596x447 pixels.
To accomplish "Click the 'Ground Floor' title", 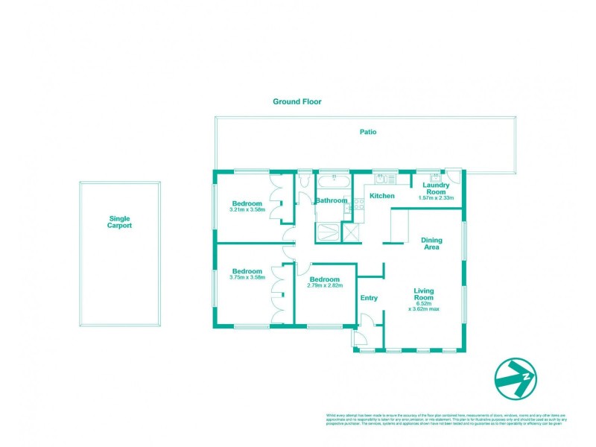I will point(297,101).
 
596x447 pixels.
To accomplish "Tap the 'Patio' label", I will point(368,132).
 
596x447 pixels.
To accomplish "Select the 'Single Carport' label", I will point(119,221).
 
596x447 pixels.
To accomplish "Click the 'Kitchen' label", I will point(382,196).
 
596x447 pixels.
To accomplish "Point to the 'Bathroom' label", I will point(332,200).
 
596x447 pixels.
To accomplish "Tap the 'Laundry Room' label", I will point(436,188).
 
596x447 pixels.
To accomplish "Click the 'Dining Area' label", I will point(431,244).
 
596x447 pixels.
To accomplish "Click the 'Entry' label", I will point(369,298).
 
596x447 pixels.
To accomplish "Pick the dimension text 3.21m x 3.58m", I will point(247,210).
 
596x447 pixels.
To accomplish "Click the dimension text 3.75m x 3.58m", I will point(247,277).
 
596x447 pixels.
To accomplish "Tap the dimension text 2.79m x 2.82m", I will point(325,285).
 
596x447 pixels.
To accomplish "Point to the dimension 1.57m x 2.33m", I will point(436,199).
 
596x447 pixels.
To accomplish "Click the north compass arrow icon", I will point(515,379).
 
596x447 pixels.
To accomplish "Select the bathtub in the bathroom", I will point(333,181).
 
